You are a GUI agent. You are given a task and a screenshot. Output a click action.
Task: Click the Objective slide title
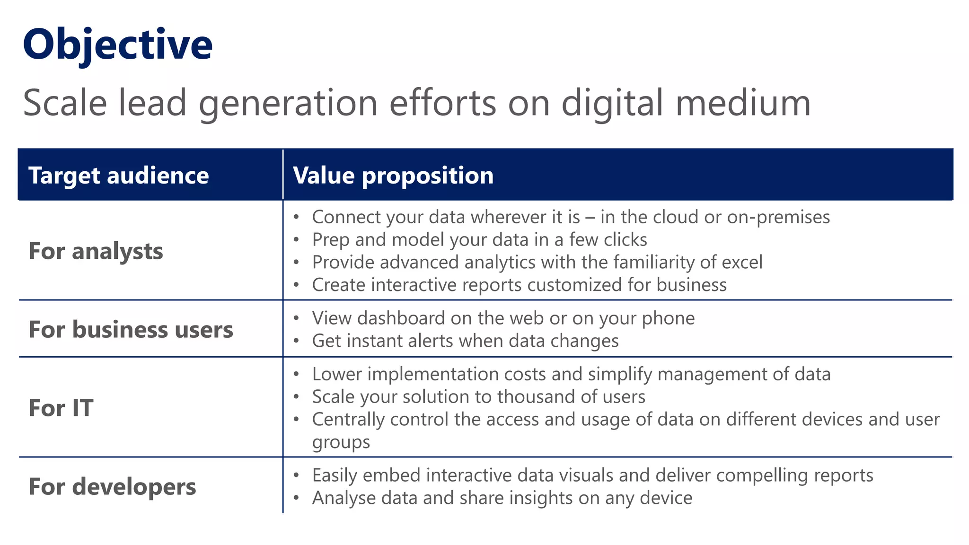click(117, 45)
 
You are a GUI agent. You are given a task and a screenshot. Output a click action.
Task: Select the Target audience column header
click(118, 176)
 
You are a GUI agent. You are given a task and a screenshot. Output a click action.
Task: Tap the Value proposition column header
click(393, 176)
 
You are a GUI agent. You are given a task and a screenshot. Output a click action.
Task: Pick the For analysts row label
click(96, 251)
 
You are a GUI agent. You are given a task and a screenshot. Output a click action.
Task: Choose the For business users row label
click(131, 329)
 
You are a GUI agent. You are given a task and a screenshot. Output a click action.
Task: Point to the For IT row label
click(61, 408)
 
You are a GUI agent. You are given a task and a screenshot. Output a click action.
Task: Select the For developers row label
click(112, 486)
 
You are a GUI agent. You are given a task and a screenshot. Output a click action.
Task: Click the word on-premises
click(778, 217)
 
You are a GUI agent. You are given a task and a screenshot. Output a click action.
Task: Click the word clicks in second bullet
click(625, 240)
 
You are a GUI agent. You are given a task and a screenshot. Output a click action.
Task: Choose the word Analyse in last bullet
click(344, 498)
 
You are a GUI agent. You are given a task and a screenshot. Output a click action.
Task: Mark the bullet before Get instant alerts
click(296, 341)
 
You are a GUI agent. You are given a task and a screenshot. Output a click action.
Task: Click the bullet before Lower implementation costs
click(296, 374)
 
